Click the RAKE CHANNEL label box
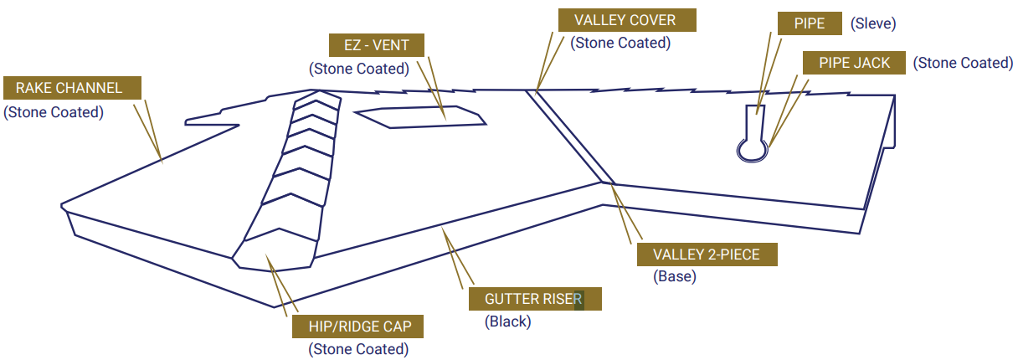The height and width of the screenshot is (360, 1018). [72, 88]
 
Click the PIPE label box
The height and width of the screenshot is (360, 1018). [809, 23]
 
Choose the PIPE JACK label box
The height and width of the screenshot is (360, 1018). [853, 63]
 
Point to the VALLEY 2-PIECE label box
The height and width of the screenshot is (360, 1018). [707, 255]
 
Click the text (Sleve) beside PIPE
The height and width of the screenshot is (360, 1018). [873, 23]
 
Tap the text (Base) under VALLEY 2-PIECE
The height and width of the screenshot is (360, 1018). [675, 276]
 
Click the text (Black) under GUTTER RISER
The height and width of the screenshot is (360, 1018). [507, 321]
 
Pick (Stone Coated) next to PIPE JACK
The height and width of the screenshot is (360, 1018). [963, 63]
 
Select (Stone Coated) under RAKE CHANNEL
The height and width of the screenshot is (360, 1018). [54, 111]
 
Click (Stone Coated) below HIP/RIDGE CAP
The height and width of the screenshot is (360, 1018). [358, 349]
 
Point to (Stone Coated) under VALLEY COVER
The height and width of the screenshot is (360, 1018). [620, 43]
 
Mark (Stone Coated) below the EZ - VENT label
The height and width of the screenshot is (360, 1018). [359, 69]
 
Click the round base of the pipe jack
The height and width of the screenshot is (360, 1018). [752, 149]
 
